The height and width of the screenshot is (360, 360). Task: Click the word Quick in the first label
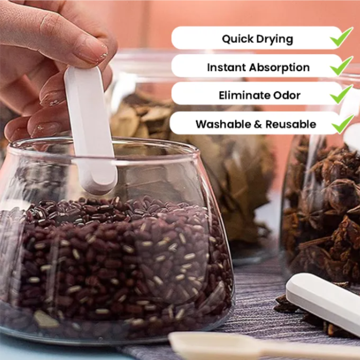[x=238, y=39]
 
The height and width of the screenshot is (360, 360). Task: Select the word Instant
[x=227, y=67]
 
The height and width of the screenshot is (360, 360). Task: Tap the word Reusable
[x=291, y=124]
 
